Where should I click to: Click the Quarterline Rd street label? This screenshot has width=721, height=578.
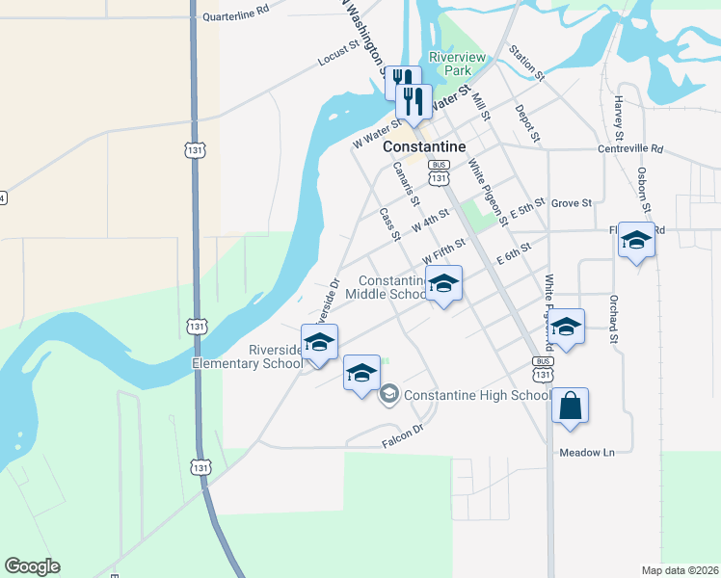click(236, 16)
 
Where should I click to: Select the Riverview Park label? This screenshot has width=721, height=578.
click(459, 64)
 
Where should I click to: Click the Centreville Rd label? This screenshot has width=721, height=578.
click(631, 149)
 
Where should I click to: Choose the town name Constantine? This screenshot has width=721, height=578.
click(424, 146)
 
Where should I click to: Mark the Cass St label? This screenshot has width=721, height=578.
click(389, 224)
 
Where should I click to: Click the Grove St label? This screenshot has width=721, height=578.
click(571, 203)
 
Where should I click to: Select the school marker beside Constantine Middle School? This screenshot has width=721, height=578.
click(443, 284)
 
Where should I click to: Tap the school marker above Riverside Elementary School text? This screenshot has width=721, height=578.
click(320, 342)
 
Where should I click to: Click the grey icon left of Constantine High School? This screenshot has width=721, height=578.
click(389, 393)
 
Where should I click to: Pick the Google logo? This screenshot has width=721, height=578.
click(33, 566)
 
